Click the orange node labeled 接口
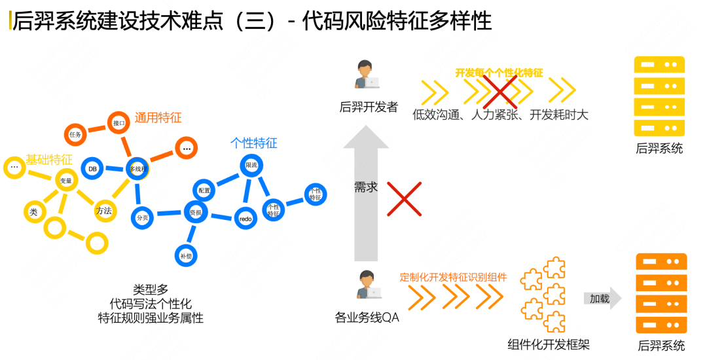click(118, 122)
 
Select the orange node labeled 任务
click(75, 134)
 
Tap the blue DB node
click(92, 168)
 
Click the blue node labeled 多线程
click(137, 168)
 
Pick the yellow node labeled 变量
click(66, 180)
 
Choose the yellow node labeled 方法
click(104, 211)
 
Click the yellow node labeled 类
click(33, 211)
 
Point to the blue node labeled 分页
click(141, 218)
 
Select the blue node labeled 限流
click(251, 166)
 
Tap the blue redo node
click(245, 218)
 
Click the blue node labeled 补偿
click(185, 256)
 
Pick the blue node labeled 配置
click(204, 190)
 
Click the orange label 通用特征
click(158, 118)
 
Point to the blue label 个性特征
click(253, 143)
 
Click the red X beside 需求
click(404, 199)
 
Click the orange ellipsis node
click(187, 149)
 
